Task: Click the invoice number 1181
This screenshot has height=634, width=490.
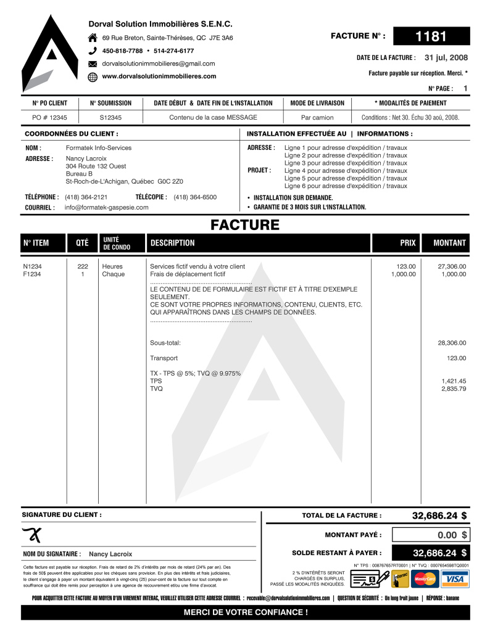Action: coord(431,36)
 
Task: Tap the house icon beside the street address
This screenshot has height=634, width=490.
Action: coord(93,38)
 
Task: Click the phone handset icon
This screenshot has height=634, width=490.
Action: coord(93,51)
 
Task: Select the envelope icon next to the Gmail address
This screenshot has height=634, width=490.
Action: coord(93,64)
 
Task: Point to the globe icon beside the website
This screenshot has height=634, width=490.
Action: coord(93,76)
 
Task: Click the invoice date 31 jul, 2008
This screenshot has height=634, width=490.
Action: coord(446,57)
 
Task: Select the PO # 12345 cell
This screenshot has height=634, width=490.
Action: coord(49,117)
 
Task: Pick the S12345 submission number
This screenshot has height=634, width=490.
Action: coord(110,117)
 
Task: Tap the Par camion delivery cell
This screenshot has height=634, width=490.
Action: coord(317,117)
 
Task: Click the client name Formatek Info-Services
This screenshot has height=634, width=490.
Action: coord(99,148)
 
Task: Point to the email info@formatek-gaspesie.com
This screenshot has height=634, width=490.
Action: coord(106,207)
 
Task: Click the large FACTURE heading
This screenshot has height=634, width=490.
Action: coord(245,225)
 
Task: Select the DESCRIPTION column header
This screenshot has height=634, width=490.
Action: coord(172,243)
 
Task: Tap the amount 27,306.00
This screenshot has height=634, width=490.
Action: coord(452,266)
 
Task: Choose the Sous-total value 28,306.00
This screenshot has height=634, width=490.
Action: coord(452,343)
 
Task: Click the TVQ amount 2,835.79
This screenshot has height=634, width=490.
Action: coord(454,389)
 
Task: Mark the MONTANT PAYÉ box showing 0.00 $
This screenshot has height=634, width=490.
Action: coord(431,535)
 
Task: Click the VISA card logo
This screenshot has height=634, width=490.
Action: coord(454,579)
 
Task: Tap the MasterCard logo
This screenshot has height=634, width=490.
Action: coord(425,579)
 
